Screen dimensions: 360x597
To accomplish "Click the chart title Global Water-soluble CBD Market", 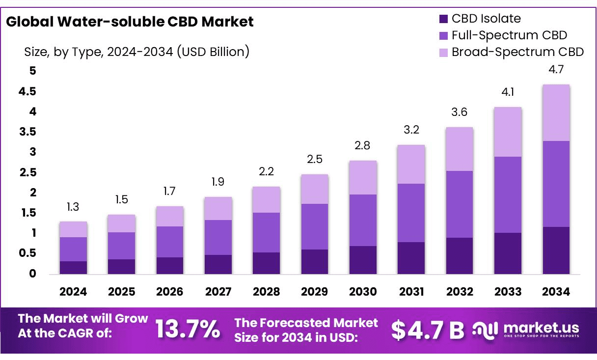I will [130, 22].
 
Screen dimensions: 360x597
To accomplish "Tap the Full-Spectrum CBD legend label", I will [509, 35].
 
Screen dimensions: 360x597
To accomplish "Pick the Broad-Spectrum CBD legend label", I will [517, 52].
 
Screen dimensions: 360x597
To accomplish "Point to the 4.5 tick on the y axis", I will [27, 92].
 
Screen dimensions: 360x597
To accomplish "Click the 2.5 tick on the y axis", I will [27, 172].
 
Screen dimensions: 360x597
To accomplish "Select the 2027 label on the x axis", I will [218, 292].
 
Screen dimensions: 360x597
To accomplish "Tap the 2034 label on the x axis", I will [556, 292].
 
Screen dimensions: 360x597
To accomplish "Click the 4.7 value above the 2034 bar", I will [556, 70].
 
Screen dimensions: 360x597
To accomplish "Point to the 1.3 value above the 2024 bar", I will [73, 207].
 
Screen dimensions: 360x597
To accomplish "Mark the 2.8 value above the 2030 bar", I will [363, 146].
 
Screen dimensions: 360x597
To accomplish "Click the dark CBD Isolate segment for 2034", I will [556, 250].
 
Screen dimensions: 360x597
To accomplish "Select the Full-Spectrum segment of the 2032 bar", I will [459, 204].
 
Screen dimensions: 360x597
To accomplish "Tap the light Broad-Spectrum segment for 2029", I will [315, 189].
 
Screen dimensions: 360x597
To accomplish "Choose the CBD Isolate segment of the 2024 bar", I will [73, 267].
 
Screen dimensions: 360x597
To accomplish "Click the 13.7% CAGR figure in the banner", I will [188, 329].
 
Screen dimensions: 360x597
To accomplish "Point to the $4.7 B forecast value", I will [428, 330].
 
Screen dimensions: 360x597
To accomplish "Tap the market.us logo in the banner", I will [526, 329].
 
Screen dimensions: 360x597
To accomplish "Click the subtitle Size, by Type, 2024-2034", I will [136, 52].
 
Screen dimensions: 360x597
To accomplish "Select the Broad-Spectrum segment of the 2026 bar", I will [170, 216].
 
